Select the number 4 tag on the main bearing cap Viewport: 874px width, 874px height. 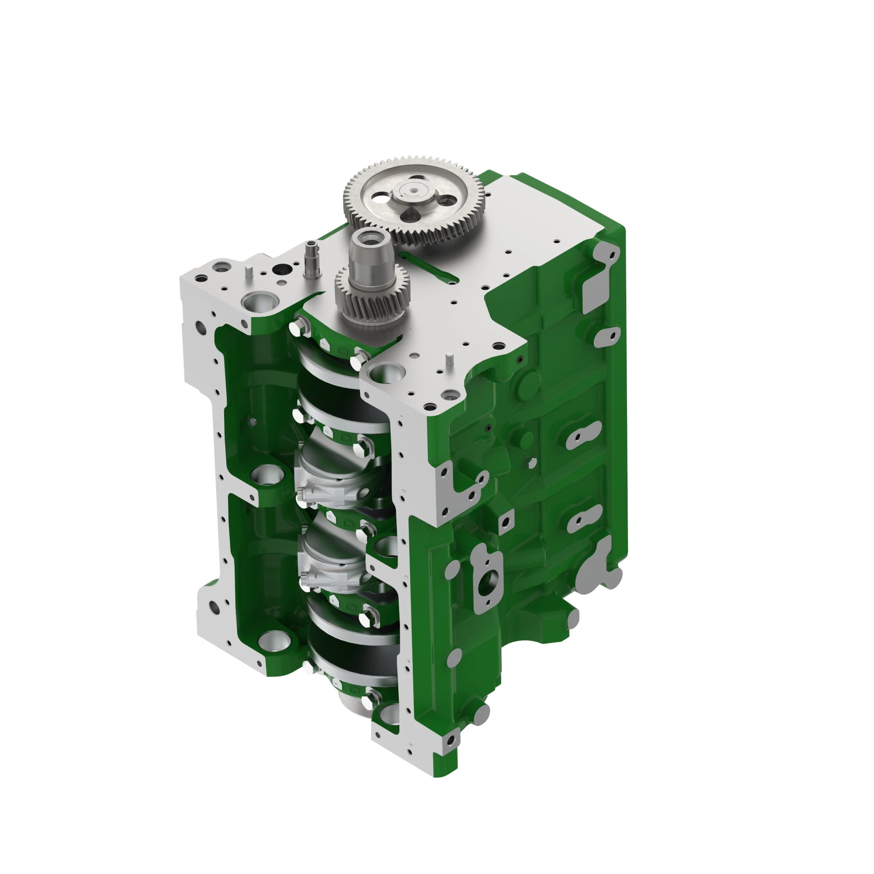click(x=334, y=601)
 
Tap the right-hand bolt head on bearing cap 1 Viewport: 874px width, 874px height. click(x=358, y=360)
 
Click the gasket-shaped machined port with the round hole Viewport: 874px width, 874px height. click(x=487, y=580)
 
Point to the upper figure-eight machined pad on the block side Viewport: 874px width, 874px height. click(x=583, y=435)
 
